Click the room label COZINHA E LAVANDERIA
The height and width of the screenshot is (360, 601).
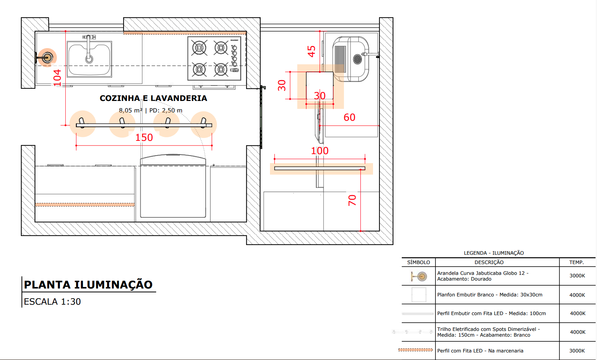(153, 98)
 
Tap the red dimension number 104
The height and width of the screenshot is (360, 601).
(57, 78)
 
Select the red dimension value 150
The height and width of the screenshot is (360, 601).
(144, 138)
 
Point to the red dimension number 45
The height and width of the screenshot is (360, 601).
(312, 51)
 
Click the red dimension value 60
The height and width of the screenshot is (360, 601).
(349, 117)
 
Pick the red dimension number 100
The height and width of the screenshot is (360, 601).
(320, 151)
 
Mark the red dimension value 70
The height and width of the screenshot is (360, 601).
(352, 200)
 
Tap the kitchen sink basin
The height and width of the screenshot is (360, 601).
(89, 59)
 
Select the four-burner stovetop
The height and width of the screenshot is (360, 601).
(214, 59)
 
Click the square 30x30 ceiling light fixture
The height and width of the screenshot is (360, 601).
(320, 86)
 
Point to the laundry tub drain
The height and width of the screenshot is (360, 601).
(357, 59)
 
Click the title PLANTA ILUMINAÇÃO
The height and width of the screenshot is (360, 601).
(88, 285)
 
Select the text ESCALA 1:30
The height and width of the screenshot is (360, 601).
(52, 302)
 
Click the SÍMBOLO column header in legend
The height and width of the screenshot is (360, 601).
(419, 262)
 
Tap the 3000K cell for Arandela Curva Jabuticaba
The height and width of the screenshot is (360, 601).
(577, 276)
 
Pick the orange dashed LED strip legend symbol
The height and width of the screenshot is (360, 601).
(416, 350)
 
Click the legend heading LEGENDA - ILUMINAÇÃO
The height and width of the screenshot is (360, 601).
(494, 253)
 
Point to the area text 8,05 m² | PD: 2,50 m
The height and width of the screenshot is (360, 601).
(150, 110)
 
